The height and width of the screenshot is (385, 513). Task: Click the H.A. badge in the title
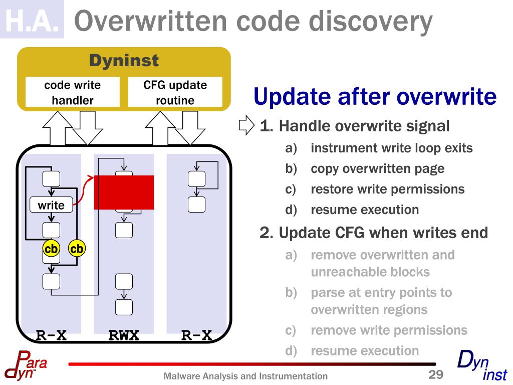click(x=33, y=20)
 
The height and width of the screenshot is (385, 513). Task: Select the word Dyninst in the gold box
click(x=124, y=61)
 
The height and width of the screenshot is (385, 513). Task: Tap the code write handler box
click(x=73, y=92)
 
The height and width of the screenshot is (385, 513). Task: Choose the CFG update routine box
click(x=175, y=92)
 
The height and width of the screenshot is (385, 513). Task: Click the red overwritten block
click(x=124, y=192)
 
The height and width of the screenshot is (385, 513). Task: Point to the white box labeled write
click(x=51, y=205)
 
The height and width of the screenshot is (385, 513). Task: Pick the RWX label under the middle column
click(x=124, y=335)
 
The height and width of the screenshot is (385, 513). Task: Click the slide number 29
click(x=436, y=374)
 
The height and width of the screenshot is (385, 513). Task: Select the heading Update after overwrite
click(x=375, y=96)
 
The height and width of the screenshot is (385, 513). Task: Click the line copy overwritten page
click(x=377, y=168)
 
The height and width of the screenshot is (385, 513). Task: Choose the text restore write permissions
click(x=387, y=189)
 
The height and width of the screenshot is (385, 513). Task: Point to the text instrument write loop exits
click(x=391, y=148)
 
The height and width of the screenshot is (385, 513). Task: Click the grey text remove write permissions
click(x=389, y=330)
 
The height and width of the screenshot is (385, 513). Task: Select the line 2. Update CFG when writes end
click(x=374, y=233)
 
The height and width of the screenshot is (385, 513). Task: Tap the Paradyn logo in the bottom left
click(x=25, y=365)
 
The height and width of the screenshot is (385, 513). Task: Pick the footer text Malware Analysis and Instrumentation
click(x=246, y=376)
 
